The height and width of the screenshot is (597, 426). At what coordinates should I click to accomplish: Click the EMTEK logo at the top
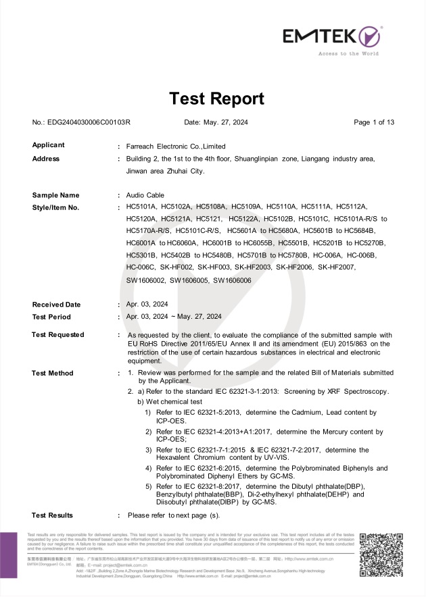[332, 35]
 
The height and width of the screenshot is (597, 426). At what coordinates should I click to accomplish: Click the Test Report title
[216, 99]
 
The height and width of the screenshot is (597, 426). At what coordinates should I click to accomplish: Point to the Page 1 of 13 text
[374, 122]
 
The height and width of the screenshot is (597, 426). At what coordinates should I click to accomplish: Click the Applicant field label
[49, 145]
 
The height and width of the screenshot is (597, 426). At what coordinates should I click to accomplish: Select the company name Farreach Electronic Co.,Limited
[176, 146]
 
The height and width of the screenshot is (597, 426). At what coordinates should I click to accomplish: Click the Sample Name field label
[55, 195]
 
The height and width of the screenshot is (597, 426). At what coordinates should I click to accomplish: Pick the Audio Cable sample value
[145, 195]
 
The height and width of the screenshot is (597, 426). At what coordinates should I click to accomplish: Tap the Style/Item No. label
[56, 207]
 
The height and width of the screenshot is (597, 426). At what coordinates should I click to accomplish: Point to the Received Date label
[56, 305]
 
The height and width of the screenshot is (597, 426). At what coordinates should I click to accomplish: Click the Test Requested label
[58, 335]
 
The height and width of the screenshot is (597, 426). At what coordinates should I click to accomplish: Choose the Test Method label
[53, 373]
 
